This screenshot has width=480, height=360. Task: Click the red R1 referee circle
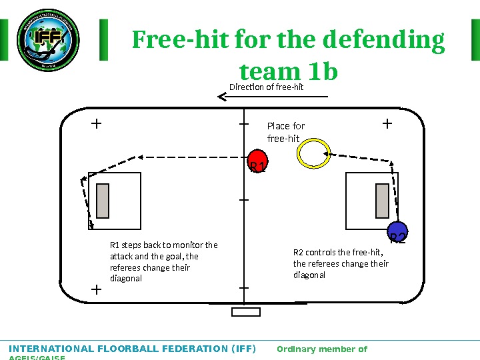pos(257,161)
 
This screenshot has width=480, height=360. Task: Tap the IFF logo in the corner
pos(48,40)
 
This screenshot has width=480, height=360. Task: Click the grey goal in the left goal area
pos(103,201)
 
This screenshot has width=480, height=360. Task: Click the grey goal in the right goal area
pos(382,201)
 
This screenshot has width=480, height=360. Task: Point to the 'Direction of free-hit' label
pos(266,87)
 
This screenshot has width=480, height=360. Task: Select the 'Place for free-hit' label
pos(285,132)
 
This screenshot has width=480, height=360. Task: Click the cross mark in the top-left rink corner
pos(96,123)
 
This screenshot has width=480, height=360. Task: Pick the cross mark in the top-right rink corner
pos(387,123)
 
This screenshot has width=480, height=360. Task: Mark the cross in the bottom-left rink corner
pos(96,290)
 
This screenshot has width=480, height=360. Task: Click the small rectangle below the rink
pos(245,311)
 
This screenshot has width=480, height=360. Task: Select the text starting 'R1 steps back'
pos(163,261)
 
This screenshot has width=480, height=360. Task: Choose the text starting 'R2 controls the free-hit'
pos(341,263)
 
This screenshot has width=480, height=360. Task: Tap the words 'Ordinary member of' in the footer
pos(321,349)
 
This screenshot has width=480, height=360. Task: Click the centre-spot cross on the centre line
pos(243,199)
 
